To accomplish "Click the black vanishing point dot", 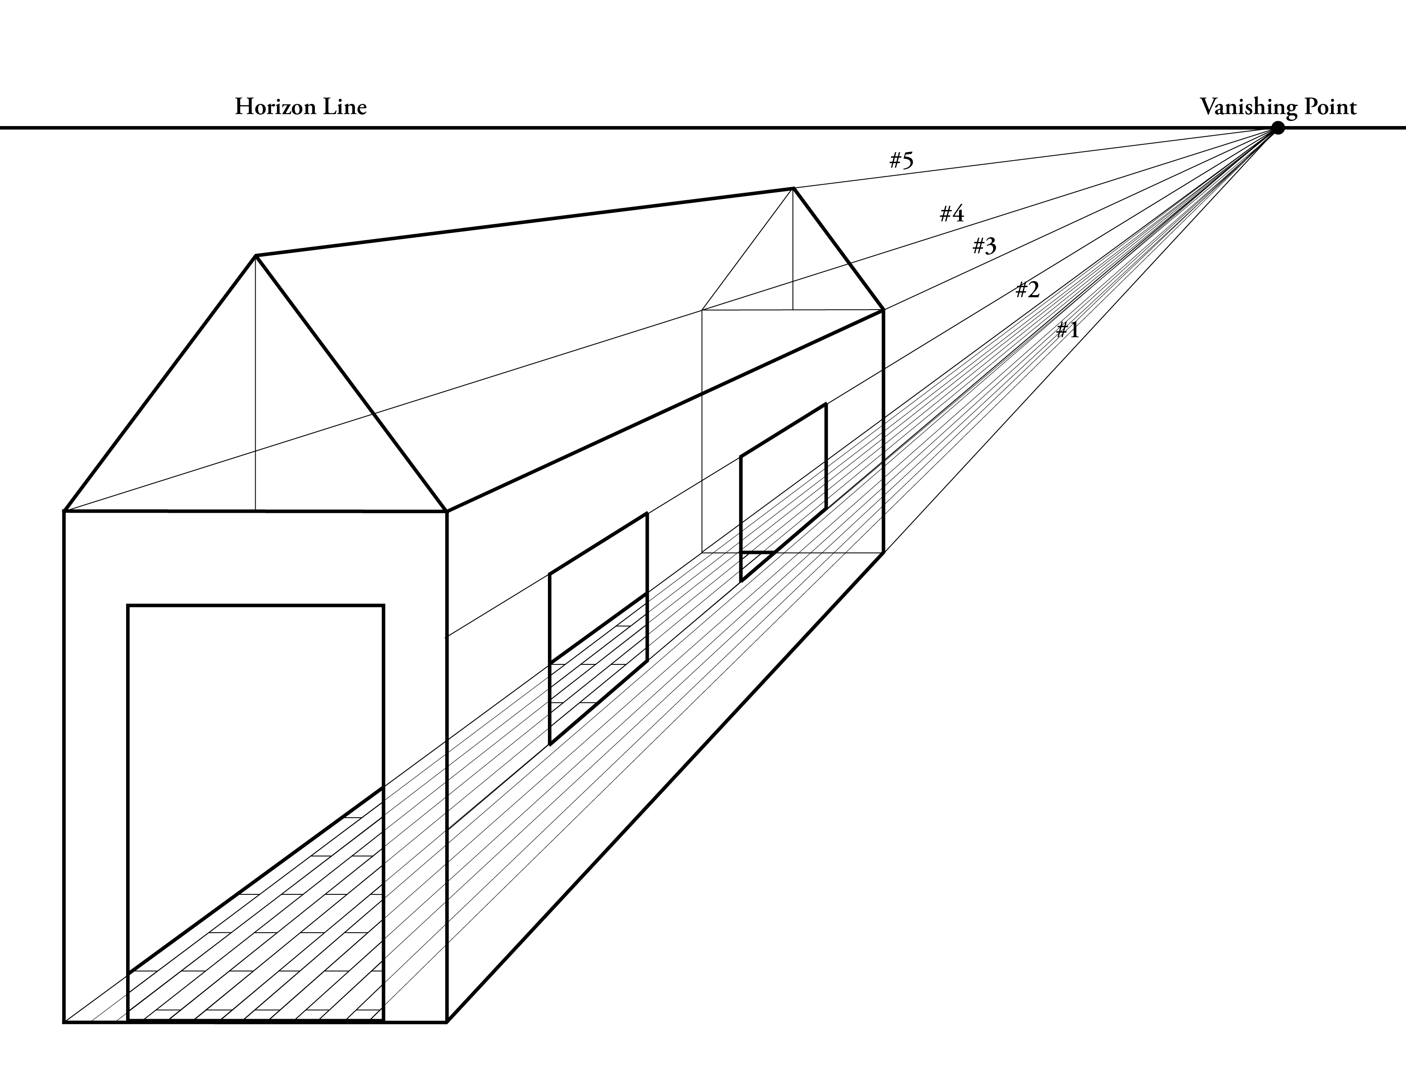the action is pyautogui.click(x=1278, y=128).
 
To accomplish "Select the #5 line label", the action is pyautogui.click(x=901, y=160).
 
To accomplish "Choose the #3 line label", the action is pyautogui.click(x=984, y=245).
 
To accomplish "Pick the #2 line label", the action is pyautogui.click(x=1028, y=290).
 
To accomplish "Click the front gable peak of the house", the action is pyautogui.click(x=256, y=256).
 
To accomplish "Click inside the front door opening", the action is pyautogui.click(x=256, y=695).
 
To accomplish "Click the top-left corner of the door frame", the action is pyautogui.click(x=128, y=606).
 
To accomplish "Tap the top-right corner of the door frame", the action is pyautogui.click(x=384, y=606).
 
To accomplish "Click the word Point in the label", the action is pyautogui.click(x=1330, y=107).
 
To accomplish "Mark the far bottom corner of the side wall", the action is pyautogui.click(x=883, y=552).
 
